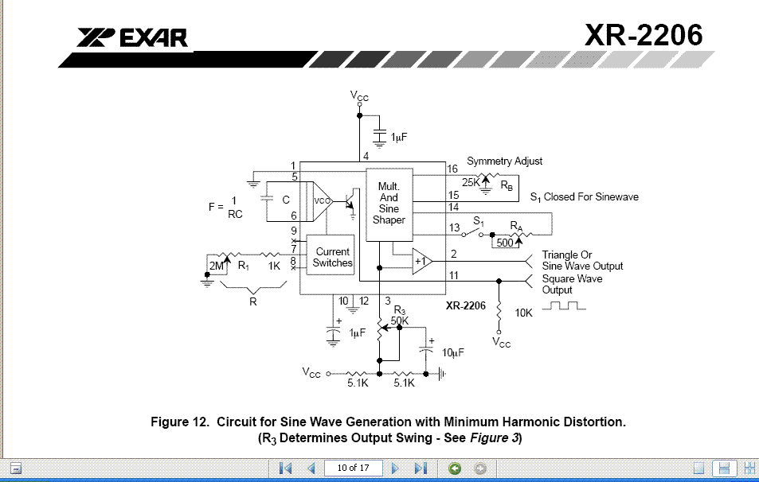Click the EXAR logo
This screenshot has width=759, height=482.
(x=131, y=38)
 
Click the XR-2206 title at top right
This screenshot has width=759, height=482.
(x=644, y=35)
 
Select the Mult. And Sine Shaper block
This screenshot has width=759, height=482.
(x=389, y=204)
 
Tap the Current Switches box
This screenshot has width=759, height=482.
(x=331, y=255)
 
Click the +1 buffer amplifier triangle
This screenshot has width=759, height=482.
(x=421, y=261)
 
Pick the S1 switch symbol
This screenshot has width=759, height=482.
(x=472, y=233)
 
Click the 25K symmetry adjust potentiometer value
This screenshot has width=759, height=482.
(x=471, y=183)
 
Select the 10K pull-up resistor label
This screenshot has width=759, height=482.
(x=523, y=313)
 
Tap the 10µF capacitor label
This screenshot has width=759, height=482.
(x=452, y=353)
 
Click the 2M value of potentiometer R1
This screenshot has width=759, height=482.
(x=217, y=266)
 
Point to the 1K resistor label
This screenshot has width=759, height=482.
(x=274, y=266)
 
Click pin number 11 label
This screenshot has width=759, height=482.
(x=453, y=275)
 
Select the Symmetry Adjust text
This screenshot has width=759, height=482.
(x=504, y=161)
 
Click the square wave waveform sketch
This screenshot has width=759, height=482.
(x=564, y=305)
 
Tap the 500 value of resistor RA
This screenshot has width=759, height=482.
(x=505, y=243)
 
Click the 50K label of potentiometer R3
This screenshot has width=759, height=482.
(x=400, y=321)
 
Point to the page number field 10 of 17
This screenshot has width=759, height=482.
(x=354, y=468)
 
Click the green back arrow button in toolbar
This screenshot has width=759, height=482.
(x=455, y=468)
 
